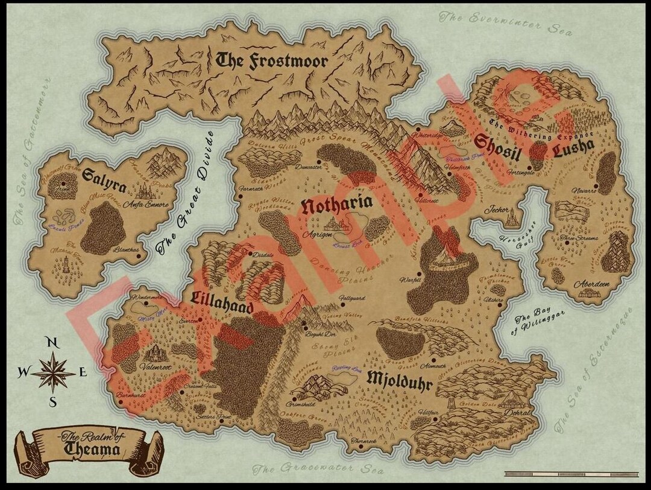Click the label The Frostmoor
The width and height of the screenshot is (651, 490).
pos(272,60)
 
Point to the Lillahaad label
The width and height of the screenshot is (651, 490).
pos(222,299)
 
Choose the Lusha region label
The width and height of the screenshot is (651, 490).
pos(573,146)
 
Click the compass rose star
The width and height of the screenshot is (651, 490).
pos(53,372)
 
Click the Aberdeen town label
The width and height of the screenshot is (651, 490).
pos(591,284)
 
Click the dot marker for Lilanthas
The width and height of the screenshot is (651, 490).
pos(139,256)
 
